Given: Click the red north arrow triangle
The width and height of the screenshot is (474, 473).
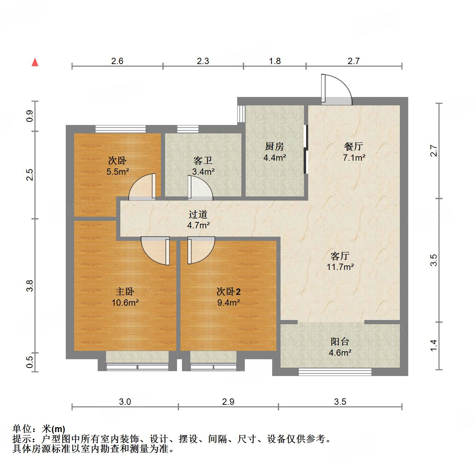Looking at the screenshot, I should (35, 62).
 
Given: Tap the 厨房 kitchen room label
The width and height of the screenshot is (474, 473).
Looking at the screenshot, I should (275, 146).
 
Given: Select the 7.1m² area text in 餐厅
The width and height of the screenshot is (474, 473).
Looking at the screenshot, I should (354, 158).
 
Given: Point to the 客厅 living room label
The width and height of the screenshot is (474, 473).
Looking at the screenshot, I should (340, 256).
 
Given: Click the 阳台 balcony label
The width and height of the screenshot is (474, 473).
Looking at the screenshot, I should (340, 341).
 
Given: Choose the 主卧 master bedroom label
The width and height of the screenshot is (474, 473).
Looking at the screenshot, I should (125, 291).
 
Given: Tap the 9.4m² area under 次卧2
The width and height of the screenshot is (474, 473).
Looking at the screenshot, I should (228, 302).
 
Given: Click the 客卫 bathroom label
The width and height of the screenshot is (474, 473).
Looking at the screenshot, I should (203, 161).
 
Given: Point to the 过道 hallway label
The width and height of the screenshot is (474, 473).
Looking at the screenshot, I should (198, 214).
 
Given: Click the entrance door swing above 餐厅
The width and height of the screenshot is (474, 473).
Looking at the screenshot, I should (337, 90).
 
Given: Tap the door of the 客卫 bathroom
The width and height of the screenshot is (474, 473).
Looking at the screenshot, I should (200, 188).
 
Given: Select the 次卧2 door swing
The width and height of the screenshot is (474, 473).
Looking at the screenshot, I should (201, 250).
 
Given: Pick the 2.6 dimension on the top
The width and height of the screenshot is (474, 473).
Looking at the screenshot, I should (117, 61).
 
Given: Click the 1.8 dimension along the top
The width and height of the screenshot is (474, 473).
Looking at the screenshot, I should (275, 61).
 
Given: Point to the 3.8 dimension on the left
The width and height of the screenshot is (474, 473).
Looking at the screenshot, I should (30, 286).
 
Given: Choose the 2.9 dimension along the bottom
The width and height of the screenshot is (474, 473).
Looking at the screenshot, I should (228, 402).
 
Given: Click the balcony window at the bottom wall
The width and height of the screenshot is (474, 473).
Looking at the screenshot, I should (335, 372).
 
